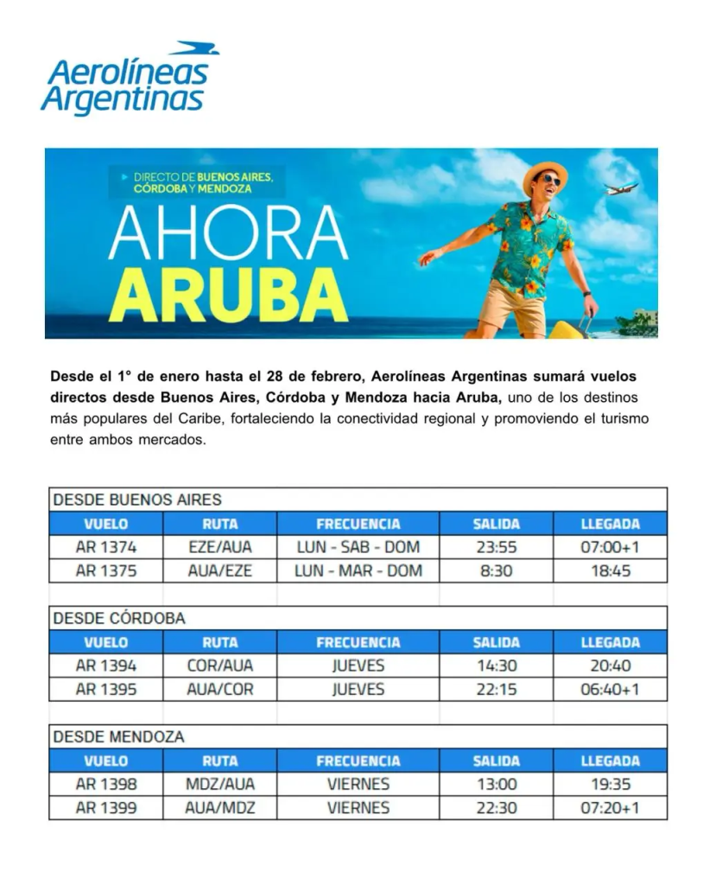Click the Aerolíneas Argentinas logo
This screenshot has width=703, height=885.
pos(130,80)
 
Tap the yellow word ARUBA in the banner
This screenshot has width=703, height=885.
pos(228,294)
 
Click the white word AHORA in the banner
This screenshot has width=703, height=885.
pos(228,234)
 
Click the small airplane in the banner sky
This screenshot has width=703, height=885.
pos(621,188)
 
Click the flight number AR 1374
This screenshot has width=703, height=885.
pos(106,547)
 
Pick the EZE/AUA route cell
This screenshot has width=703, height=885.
pos(220,547)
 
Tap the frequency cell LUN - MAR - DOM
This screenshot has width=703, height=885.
pos(358,570)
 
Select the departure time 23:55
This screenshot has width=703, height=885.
pos(497,547)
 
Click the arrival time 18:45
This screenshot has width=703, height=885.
pos(610,570)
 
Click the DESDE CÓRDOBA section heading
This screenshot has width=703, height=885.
pos(119,618)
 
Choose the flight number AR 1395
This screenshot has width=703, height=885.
pos(106,690)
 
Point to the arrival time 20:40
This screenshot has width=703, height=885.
pos(610,666)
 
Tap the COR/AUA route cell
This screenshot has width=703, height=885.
pos(220,666)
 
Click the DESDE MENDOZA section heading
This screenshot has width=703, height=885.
pos(119,737)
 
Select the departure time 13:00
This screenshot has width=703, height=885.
pos(497,785)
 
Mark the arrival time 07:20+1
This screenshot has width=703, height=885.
pos(610,808)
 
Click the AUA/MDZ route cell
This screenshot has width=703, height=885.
pos(220,808)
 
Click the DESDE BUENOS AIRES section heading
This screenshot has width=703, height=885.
pos(137,500)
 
